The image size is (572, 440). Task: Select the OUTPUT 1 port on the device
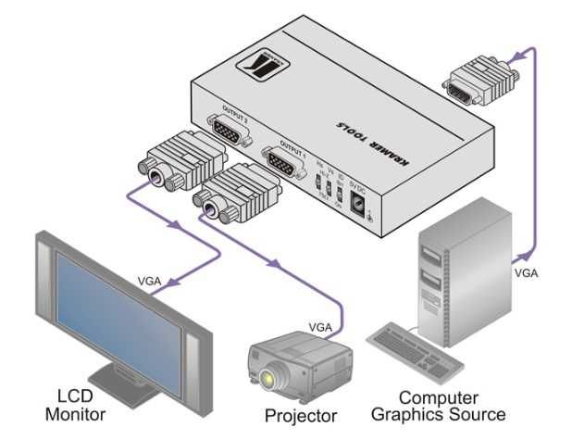coord(281,163)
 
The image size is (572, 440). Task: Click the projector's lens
coord(269,378)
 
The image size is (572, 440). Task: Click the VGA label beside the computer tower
coord(526,273)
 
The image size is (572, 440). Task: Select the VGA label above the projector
coord(319,327)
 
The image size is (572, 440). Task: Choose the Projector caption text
coord(301,415)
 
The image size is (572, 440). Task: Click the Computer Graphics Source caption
coord(452,405)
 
